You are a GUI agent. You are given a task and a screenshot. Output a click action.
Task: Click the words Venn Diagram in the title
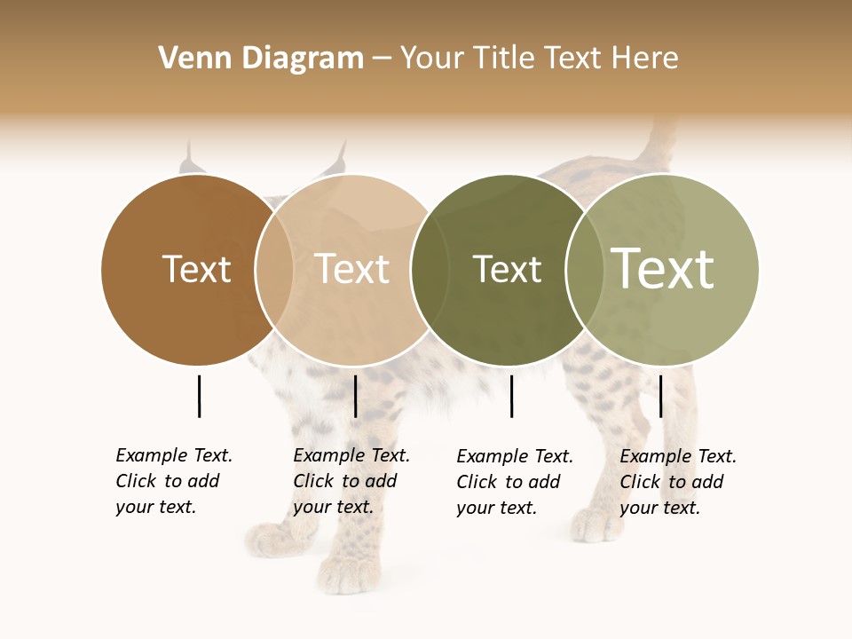(x=261, y=59)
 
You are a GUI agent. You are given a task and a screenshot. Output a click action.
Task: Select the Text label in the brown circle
(x=196, y=269)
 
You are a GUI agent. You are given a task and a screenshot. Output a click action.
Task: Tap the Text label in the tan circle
(x=352, y=269)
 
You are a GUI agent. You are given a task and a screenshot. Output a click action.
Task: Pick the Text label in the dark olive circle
(x=507, y=269)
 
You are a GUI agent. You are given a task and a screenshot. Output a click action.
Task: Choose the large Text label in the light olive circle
(x=663, y=269)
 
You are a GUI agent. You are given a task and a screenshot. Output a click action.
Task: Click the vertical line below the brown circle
(x=199, y=396)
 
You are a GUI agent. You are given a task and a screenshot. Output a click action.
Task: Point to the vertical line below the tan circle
(x=355, y=396)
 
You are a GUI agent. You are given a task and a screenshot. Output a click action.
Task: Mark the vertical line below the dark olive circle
(x=511, y=396)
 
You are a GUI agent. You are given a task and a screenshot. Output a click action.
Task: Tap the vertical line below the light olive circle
(x=660, y=396)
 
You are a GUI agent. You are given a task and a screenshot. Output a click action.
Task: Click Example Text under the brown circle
(x=174, y=455)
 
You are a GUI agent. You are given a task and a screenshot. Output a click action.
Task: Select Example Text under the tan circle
(x=351, y=455)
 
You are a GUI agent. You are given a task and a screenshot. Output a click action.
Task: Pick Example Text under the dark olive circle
(x=515, y=456)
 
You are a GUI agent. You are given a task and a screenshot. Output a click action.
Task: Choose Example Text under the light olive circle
(x=678, y=456)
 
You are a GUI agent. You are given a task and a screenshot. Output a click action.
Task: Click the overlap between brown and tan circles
(x=274, y=270)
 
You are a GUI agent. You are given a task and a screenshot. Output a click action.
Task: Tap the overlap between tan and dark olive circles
(x=430, y=270)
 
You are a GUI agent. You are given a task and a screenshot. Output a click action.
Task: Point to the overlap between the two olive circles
(x=585, y=270)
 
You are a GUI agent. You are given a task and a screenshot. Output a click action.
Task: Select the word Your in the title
(x=431, y=59)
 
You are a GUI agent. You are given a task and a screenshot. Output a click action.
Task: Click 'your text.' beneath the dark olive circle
(x=496, y=508)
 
